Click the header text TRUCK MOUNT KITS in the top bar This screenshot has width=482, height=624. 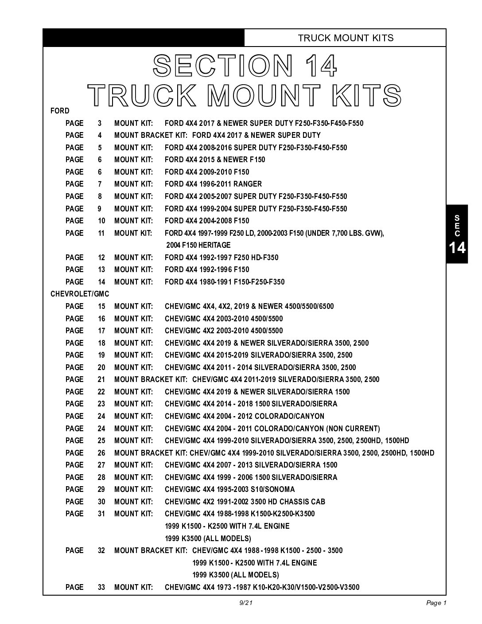point(346,38)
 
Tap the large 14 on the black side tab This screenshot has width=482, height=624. point(457,248)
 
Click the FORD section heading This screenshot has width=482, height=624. point(60,111)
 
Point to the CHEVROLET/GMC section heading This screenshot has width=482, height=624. point(80,294)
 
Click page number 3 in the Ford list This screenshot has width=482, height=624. point(100,123)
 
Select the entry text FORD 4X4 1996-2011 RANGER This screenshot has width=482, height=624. point(213,184)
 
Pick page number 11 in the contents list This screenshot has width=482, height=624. point(101,233)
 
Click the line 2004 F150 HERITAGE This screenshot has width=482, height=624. point(198,245)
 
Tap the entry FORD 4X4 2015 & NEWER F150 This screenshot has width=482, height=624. point(215,160)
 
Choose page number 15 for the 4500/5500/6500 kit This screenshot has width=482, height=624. point(101,306)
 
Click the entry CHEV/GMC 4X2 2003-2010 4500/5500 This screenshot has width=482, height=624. point(224,331)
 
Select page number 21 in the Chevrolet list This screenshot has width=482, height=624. point(101,379)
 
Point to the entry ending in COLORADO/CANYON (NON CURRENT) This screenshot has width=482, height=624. point(272,429)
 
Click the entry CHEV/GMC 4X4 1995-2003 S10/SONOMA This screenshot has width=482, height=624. point(229,489)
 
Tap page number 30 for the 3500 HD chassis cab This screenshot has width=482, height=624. point(101,502)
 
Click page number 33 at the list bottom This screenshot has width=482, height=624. point(101,587)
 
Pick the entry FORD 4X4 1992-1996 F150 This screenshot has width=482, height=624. point(207,269)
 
